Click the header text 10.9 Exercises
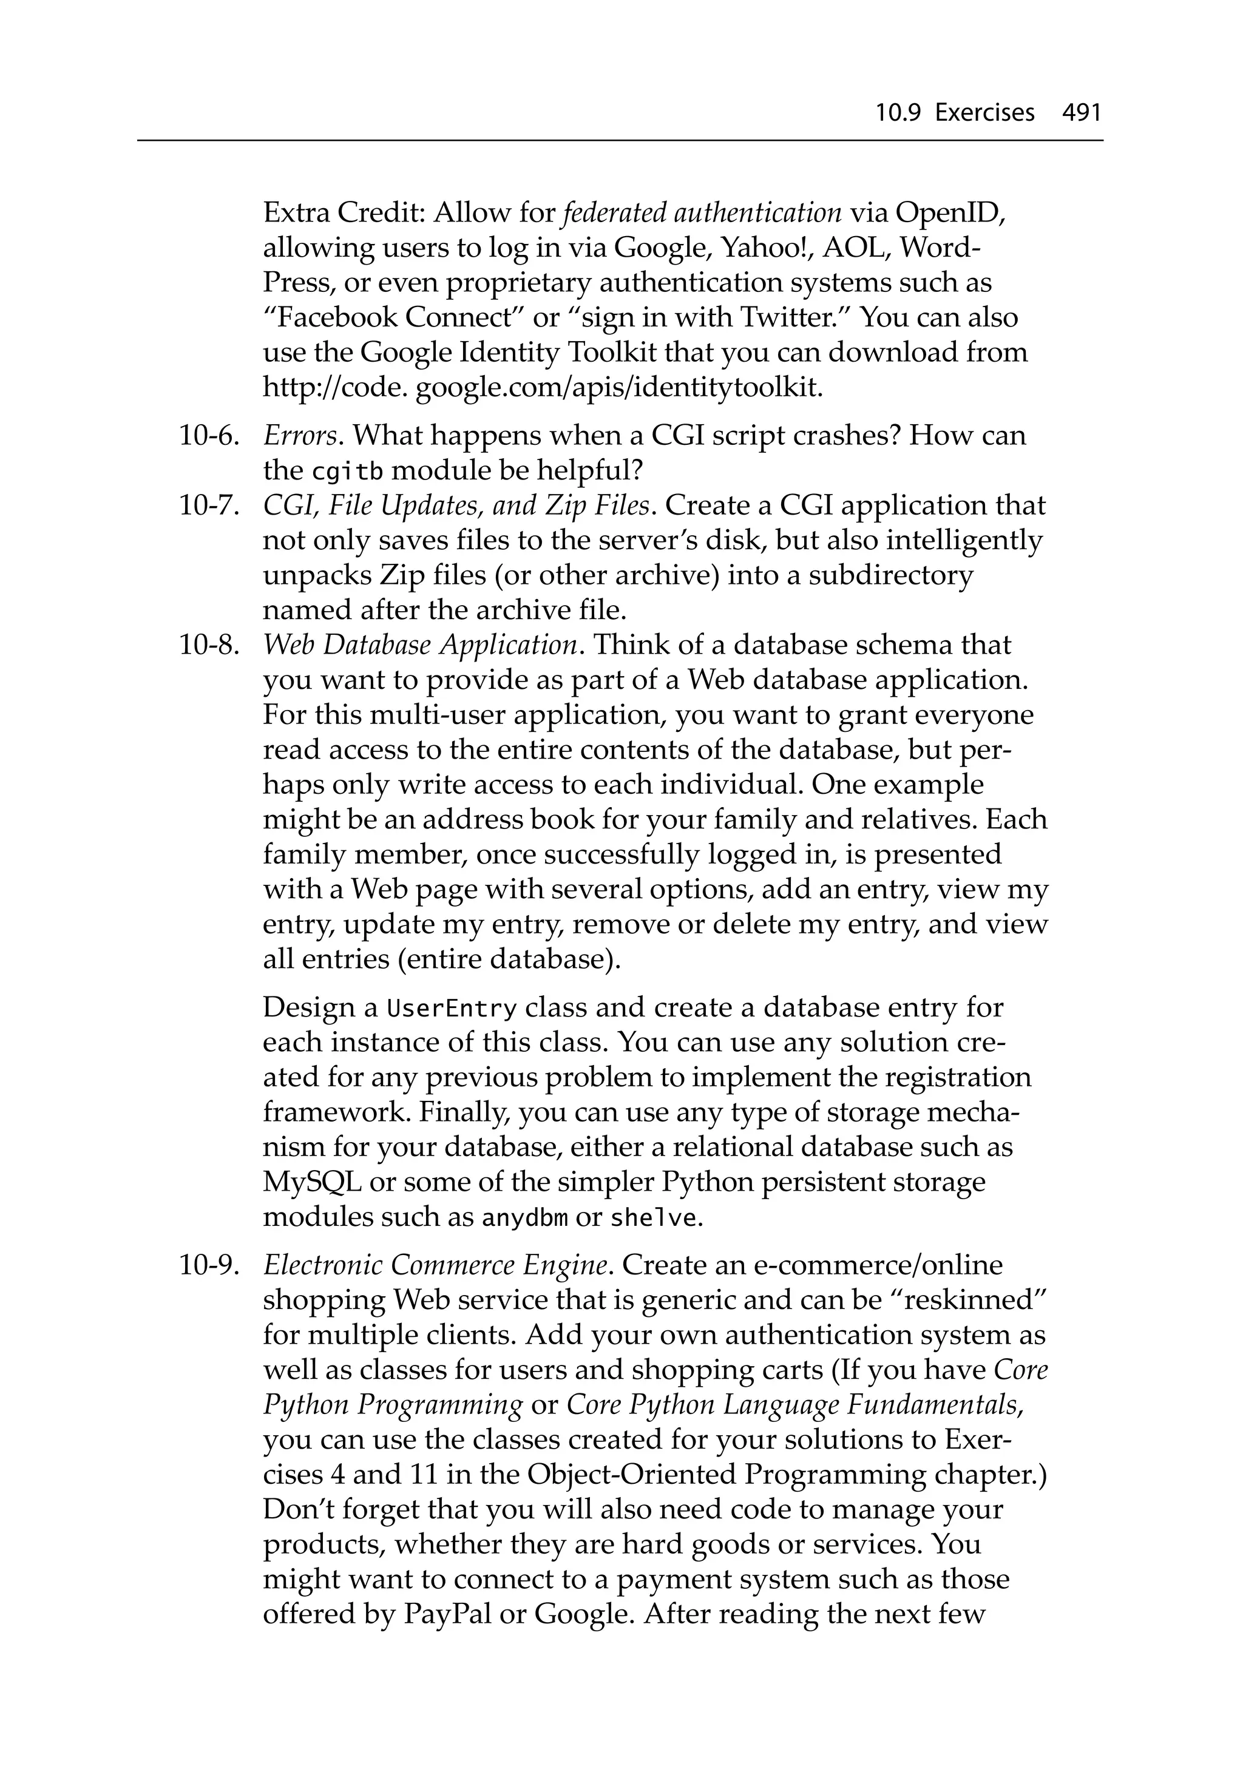click(955, 113)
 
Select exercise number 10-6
click(208, 436)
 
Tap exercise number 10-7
click(208, 506)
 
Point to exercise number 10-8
click(208, 645)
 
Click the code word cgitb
click(347, 472)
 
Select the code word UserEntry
click(452, 1008)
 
